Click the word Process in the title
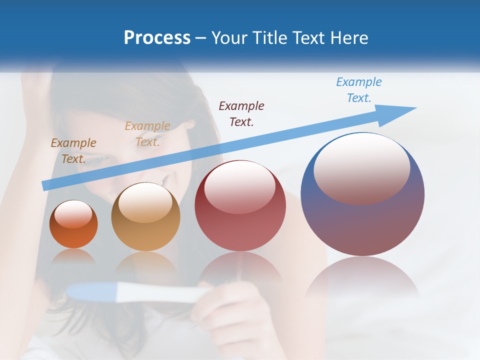click(157, 37)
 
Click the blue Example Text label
click(358, 90)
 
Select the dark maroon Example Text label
click(241, 113)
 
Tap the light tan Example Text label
click(147, 133)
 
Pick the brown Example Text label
click(73, 150)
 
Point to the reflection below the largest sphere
click(362, 280)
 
